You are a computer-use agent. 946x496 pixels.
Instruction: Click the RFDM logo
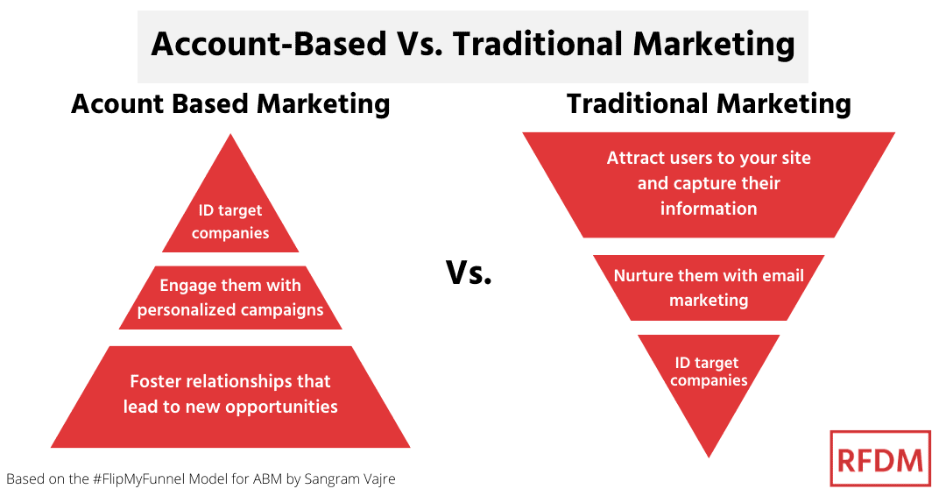pos(879,458)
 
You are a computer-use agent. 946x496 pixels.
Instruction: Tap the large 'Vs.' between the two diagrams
pos(469,274)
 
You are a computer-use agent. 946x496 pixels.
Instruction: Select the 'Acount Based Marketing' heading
pos(230,104)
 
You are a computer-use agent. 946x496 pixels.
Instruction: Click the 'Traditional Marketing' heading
pos(709,104)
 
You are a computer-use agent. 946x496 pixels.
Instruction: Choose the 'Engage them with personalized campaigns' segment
pos(230,297)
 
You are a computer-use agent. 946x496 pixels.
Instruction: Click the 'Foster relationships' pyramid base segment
pos(230,394)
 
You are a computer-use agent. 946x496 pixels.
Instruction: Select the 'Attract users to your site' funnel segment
pos(709,183)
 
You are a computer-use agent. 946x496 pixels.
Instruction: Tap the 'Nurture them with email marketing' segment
pos(709,287)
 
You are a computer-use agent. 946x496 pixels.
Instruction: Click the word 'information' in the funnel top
pos(709,209)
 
